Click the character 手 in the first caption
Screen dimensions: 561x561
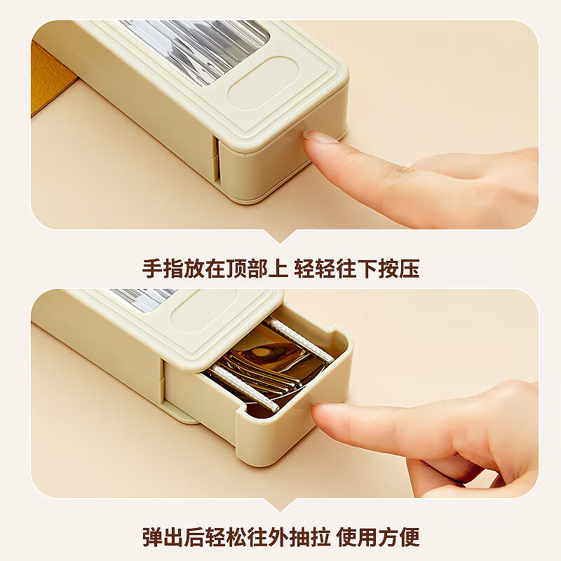152,269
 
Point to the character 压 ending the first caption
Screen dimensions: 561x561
409,269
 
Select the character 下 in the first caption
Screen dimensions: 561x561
367,269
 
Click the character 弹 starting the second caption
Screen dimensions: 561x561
152,536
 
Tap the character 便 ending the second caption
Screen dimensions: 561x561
409,536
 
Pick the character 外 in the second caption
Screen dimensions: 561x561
277,536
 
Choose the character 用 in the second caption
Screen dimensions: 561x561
367,536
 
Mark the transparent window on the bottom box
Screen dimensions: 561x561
143,299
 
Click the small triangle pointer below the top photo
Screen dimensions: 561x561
280,236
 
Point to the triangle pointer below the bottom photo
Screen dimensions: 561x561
280,504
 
